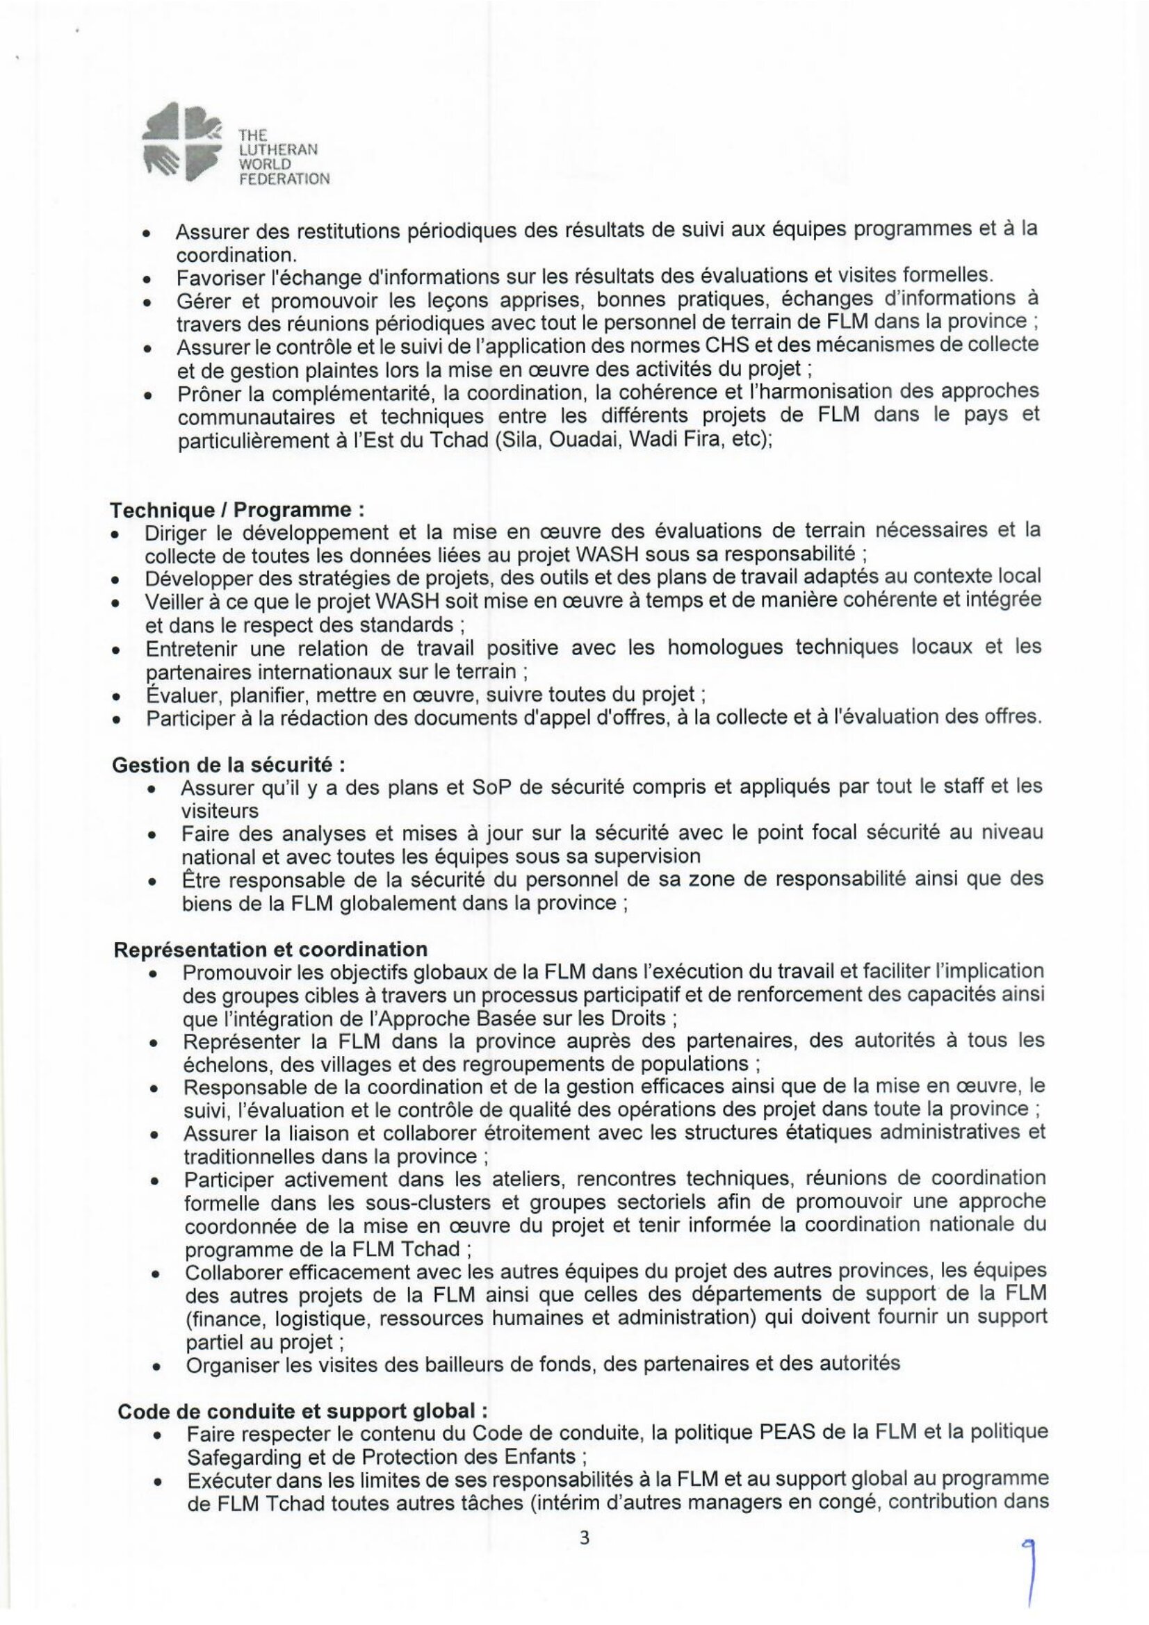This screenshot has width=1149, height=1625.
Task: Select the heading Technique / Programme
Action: pos(237,509)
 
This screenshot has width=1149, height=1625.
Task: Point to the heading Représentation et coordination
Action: pos(270,949)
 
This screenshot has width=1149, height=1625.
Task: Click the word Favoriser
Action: pos(220,275)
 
